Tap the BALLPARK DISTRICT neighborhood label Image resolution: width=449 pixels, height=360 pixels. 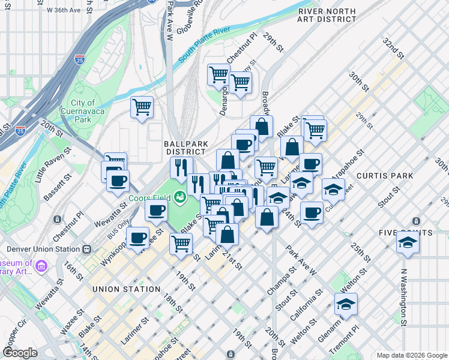click(186, 148)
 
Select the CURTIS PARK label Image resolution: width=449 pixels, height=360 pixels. click(384, 176)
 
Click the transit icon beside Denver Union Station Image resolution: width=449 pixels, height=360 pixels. click(88, 249)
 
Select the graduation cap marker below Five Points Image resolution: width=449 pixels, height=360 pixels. click(408, 243)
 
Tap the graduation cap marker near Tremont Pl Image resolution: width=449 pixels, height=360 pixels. click(346, 304)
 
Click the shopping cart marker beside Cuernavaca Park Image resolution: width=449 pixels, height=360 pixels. click(142, 108)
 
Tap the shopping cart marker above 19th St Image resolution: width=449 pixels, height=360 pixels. click(181, 244)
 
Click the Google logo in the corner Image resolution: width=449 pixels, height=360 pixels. click(20, 353)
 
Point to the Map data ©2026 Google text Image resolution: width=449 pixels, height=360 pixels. click(411, 355)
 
